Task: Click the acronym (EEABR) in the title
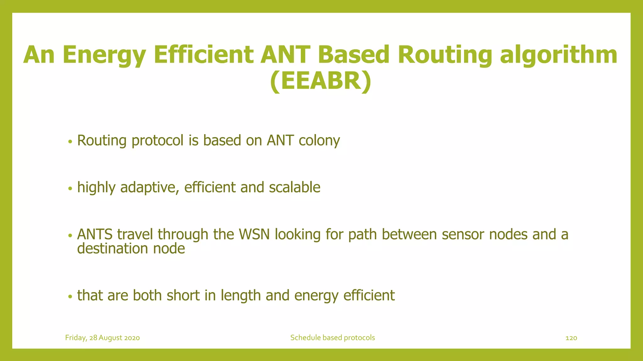click(321, 81)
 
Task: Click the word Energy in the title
click(104, 55)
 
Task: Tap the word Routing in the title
click(445, 55)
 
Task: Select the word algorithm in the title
click(559, 55)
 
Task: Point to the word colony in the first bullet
click(319, 141)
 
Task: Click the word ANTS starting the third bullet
click(95, 234)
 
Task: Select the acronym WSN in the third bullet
click(254, 234)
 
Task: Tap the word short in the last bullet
click(183, 296)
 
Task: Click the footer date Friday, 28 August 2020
click(102, 338)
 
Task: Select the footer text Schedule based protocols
click(332, 338)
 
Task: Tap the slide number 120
click(571, 338)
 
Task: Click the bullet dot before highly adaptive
click(70, 189)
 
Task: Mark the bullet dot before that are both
click(70, 296)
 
